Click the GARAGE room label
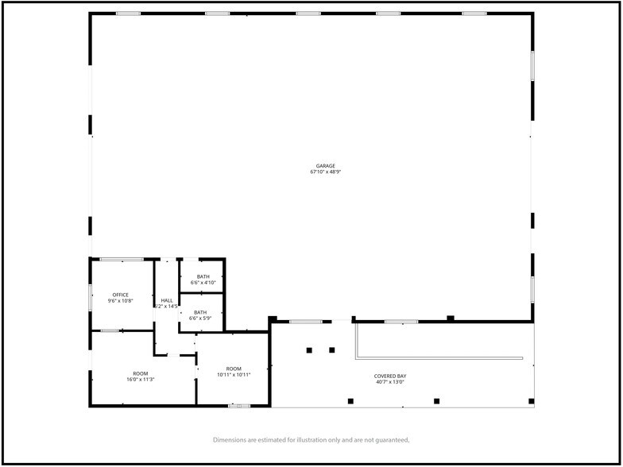pyautogui.click(x=315, y=166)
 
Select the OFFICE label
pyautogui.click(x=120, y=295)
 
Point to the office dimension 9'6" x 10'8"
pyautogui.click(x=120, y=301)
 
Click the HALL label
pyautogui.click(x=167, y=300)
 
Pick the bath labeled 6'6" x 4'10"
pyautogui.click(x=203, y=282)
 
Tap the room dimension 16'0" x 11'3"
pyautogui.click(x=141, y=380)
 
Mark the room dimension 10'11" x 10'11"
pyautogui.click(x=234, y=374)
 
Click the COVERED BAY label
pyautogui.click(x=389, y=376)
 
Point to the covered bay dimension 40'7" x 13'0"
pyautogui.click(x=389, y=382)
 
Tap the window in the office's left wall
pyautogui.click(x=91, y=296)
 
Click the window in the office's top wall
pyautogui.click(x=122, y=259)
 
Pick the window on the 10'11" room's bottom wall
pyautogui.click(x=238, y=406)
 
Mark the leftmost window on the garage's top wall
pyautogui.click(x=128, y=14)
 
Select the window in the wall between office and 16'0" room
pyautogui.click(x=110, y=330)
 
